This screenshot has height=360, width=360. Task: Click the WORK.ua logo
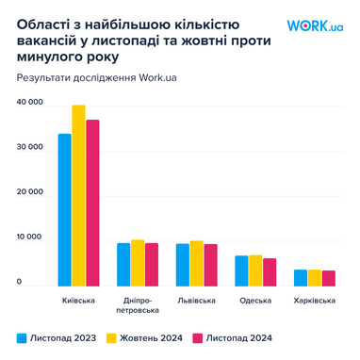click(x=315, y=25)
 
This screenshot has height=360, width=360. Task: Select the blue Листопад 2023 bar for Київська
click(x=64, y=209)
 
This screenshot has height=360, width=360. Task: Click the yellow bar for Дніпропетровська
click(x=138, y=263)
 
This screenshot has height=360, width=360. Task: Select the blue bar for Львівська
click(x=183, y=265)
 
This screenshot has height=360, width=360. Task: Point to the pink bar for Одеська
click(x=270, y=272)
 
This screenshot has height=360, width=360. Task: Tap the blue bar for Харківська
click(x=300, y=278)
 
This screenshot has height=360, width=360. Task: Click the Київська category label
click(x=78, y=301)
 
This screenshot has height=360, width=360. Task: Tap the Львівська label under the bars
click(x=196, y=301)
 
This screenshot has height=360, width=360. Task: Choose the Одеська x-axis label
click(x=255, y=301)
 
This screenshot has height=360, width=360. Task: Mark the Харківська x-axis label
click(x=315, y=301)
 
